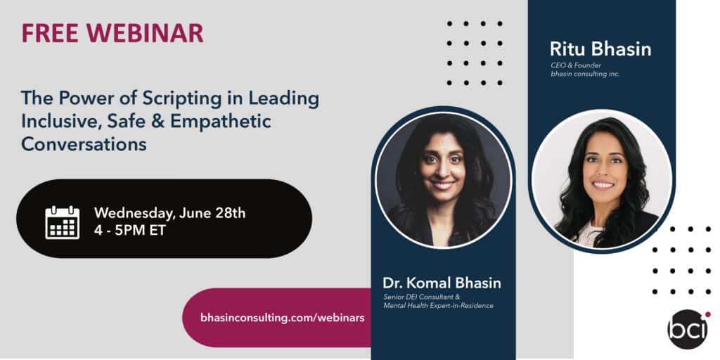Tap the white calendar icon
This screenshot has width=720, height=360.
[63, 222]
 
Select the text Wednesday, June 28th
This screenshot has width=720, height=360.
[169, 214]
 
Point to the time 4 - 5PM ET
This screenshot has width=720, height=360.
[130, 231]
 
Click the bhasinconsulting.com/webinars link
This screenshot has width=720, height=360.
[283, 318]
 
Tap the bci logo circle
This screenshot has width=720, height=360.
[688, 329]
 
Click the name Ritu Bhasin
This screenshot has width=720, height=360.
[600, 49]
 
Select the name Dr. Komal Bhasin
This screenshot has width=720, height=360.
[442, 283]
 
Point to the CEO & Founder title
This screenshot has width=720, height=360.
[576, 65]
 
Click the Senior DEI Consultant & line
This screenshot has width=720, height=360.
[422, 297]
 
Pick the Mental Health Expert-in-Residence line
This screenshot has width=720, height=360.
[439, 305]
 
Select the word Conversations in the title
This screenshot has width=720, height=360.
[84, 144]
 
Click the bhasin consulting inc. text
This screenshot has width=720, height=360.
[585, 74]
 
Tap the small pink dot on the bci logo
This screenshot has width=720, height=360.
[707, 314]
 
